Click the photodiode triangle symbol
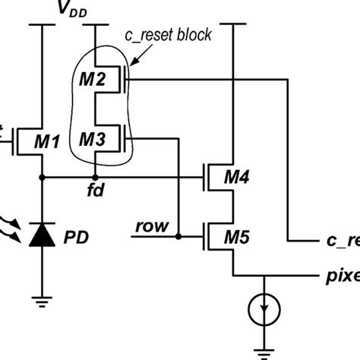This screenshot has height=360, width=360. (42, 238)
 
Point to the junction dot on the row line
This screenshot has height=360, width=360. (177, 235)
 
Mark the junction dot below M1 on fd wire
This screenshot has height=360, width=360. (42, 177)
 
